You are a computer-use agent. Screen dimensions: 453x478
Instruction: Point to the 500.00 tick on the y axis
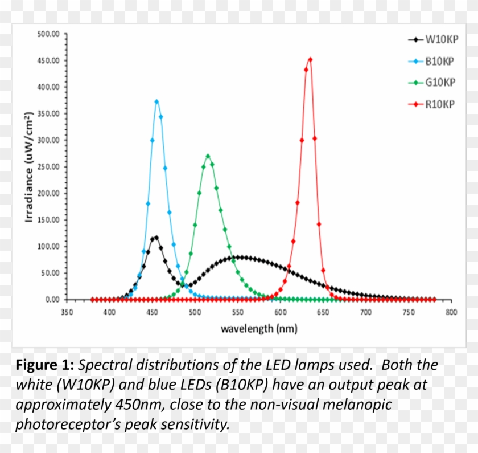[48, 34]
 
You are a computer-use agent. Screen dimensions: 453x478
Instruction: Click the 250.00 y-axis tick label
[48, 167]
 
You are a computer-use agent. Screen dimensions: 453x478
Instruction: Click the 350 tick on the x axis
[67, 312]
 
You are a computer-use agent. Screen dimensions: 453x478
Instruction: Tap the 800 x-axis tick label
[451, 312]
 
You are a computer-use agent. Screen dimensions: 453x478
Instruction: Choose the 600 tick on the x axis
[280, 312]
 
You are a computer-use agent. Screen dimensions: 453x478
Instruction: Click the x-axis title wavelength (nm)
[259, 329]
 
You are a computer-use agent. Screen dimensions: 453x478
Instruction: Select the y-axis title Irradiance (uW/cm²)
[28, 166]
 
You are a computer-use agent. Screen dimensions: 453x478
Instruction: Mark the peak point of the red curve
[310, 59]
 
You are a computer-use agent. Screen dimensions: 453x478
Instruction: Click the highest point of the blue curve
[156, 101]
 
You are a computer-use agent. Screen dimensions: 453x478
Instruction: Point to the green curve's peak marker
[208, 156]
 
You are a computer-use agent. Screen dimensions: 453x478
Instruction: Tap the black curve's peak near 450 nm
[156, 237]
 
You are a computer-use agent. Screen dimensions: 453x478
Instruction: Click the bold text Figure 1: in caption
[45, 365]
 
